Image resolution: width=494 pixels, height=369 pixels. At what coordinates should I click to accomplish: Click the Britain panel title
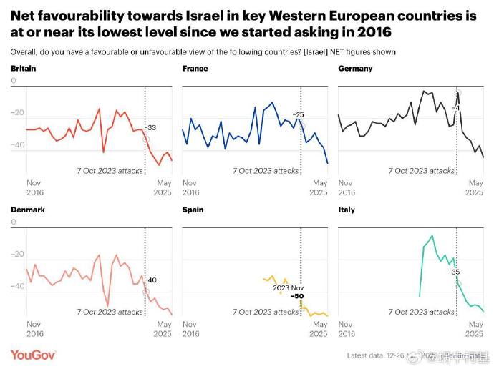tap(24, 69)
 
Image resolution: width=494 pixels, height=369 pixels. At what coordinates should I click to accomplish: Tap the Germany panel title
tap(355, 69)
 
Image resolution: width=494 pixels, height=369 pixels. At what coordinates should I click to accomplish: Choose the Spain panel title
tap(193, 210)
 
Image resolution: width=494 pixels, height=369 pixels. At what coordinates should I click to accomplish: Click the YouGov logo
tap(33, 355)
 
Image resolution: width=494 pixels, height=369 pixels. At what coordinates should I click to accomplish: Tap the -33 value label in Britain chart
tap(151, 128)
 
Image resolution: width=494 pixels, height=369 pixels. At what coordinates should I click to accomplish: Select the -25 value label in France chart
tap(298, 114)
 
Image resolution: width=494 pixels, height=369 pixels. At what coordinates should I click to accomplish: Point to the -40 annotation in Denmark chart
tap(151, 280)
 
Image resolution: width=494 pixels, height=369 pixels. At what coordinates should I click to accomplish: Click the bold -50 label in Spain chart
tap(297, 295)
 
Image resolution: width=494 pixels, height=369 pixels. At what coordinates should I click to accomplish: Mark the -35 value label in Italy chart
tap(454, 272)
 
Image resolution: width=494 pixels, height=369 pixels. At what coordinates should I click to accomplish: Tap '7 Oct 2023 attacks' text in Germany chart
tap(422, 171)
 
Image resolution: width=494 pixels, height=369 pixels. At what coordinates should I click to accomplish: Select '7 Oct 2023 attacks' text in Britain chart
tap(110, 171)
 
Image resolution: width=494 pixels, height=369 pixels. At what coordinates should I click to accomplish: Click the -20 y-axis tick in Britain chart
tap(19, 113)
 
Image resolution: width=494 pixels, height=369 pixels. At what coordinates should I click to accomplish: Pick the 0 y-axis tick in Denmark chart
tap(14, 222)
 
